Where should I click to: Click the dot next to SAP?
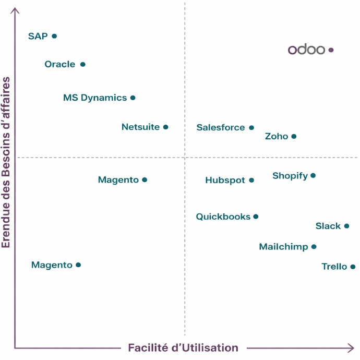[54, 36]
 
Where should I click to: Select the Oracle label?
[60, 64]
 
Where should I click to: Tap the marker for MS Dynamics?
[133, 98]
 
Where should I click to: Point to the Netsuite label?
[140, 127]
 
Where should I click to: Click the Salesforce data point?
[251, 127]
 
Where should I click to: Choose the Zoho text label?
[277, 136]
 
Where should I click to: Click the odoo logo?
[307, 50]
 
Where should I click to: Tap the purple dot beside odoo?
[331, 50]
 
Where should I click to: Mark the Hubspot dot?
[251, 180]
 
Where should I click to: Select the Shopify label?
[290, 176]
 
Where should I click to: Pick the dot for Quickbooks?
[256, 217]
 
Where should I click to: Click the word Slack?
[328, 226]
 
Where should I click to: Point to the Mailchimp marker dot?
[314, 247]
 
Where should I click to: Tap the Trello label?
[334, 267]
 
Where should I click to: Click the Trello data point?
[353, 267]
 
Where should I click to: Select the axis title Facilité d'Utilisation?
[183, 347]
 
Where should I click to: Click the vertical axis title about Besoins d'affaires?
[6, 162]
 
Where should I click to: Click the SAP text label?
[38, 36]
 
